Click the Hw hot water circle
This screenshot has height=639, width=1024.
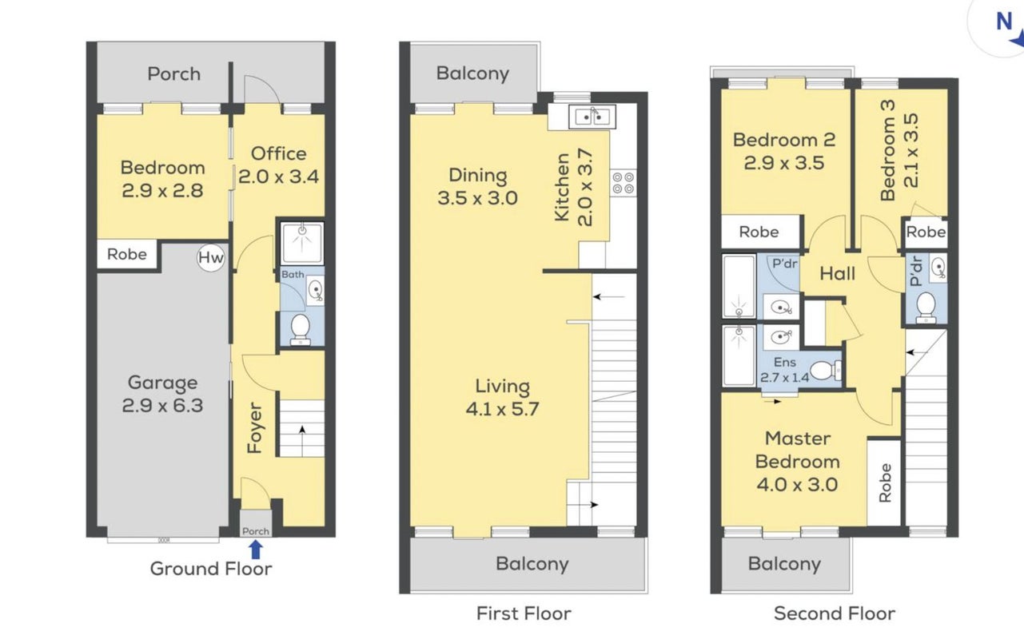[211, 258]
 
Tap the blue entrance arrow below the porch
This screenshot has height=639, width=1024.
[256, 549]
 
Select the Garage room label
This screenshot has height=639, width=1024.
[162, 383]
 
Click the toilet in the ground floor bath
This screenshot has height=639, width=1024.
[301, 329]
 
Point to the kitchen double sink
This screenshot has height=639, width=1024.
[592, 117]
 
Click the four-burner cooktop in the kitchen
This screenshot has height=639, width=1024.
[623, 182]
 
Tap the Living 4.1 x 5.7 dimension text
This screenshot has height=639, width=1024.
[502, 409]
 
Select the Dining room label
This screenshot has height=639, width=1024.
[478, 176]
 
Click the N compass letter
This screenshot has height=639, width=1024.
[1004, 22]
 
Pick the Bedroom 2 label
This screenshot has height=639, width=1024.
[784, 140]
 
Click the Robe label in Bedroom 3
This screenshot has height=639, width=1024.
[926, 232]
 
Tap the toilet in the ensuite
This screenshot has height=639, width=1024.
[825, 371]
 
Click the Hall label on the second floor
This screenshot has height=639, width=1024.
[837, 274]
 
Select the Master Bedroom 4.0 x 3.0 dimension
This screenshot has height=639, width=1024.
[797, 484]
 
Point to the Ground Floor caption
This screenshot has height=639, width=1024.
[211, 569]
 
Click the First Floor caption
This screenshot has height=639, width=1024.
[524, 613]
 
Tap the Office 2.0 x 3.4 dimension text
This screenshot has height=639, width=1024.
[278, 177]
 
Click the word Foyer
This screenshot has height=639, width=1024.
[254, 427]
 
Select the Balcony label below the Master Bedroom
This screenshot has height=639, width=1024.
[784, 564]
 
